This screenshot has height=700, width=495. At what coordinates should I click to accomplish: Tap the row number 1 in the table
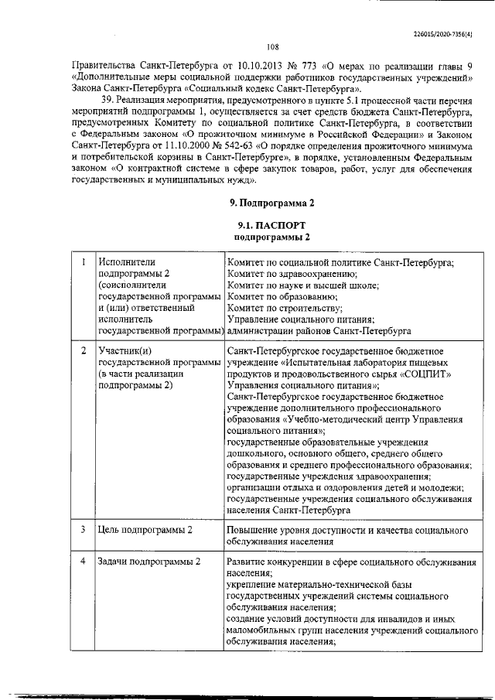tap(83, 261)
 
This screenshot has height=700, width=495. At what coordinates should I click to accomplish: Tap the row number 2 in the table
tap(83, 350)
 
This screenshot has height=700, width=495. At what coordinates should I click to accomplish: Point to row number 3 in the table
tap(83, 530)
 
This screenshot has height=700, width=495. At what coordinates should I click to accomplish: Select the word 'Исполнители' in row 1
tap(127, 261)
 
